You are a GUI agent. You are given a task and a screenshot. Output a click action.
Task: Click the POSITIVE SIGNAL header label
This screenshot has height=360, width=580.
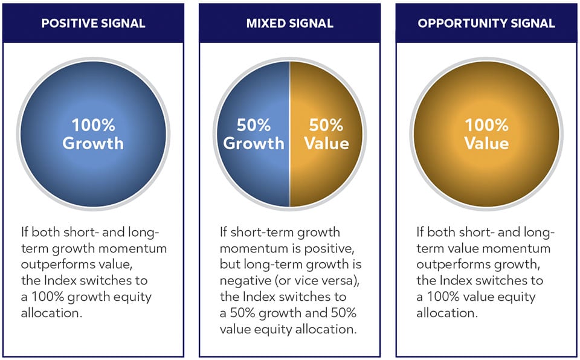click(x=93, y=24)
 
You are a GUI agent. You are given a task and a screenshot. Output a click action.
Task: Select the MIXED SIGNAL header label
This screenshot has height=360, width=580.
click(x=289, y=24)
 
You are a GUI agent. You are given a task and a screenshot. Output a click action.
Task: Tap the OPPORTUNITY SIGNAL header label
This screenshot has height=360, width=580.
click(x=486, y=24)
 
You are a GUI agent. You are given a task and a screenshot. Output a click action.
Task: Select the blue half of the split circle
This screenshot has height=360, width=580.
click(x=254, y=175)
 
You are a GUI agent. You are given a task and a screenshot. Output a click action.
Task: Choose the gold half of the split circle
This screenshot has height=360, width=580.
click(x=326, y=175)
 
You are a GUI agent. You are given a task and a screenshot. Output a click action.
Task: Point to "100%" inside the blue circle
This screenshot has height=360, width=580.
click(x=93, y=126)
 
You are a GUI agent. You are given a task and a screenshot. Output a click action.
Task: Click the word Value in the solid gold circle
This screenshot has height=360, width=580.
click(x=486, y=144)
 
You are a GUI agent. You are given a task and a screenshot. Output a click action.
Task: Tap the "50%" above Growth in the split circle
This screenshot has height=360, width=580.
click(x=253, y=126)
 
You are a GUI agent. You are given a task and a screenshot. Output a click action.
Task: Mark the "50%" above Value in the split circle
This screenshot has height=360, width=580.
click(x=326, y=126)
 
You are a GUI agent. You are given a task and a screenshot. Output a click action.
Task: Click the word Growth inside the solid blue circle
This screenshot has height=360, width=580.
click(x=93, y=144)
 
